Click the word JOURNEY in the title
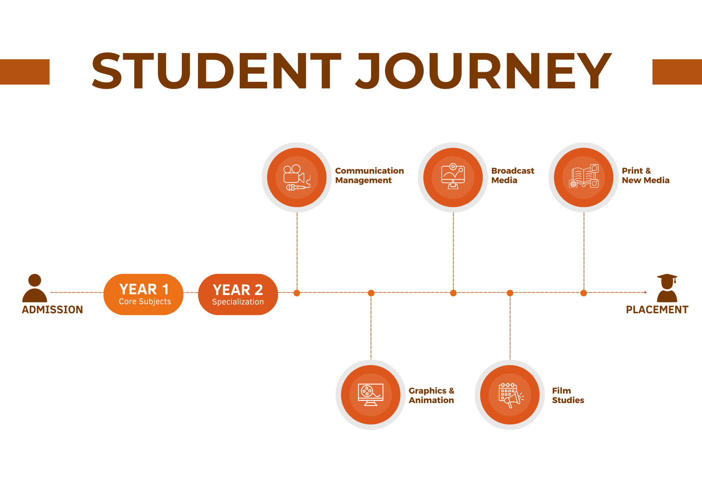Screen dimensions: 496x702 click(484, 71)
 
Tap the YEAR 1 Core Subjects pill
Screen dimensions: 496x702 click(144, 294)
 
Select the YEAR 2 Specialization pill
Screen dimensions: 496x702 click(238, 294)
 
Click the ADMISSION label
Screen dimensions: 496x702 click(52, 309)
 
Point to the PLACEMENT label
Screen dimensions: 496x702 click(657, 309)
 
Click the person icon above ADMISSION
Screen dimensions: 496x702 click(35, 288)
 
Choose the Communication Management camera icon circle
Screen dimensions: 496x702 click(297, 177)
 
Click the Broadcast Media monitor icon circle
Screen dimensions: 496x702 click(453, 177)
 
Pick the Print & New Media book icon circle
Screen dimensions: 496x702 click(584, 177)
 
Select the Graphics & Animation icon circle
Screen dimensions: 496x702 click(371, 395)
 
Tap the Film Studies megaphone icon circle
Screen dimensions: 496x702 click(510, 395)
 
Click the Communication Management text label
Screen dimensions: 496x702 click(369, 175)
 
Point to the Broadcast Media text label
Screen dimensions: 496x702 click(512, 175)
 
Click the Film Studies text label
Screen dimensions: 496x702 click(568, 395)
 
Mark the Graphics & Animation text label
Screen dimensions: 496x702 click(431, 395)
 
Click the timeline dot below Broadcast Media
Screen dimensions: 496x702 click(453, 293)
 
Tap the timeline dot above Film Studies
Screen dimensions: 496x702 click(510, 293)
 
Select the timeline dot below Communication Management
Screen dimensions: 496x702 click(297, 293)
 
